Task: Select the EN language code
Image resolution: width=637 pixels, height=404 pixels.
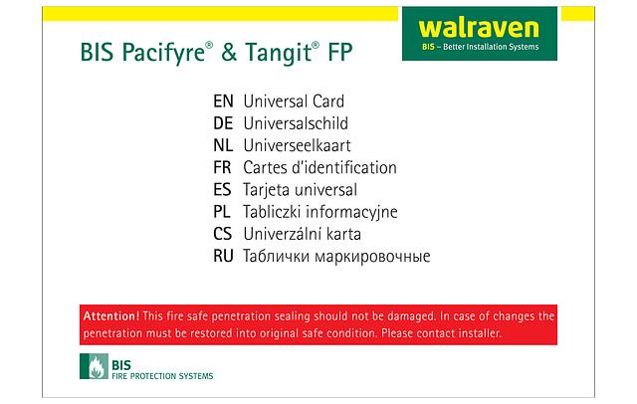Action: pyautogui.click(x=223, y=101)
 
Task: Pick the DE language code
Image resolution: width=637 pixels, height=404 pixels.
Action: pyautogui.click(x=223, y=123)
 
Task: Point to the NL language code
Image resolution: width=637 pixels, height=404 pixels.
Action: pyautogui.click(x=223, y=145)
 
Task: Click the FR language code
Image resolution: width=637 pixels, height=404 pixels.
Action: pyautogui.click(x=223, y=167)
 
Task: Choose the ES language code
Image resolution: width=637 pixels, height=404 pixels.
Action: pyautogui.click(x=223, y=189)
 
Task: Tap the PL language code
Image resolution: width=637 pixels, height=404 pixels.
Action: pyautogui.click(x=223, y=211)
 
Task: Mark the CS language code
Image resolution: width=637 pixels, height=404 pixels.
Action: pyautogui.click(x=223, y=234)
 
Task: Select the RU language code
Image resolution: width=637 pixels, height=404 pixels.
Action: pyautogui.click(x=223, y=257)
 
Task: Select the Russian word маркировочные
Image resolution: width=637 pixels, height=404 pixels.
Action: pyautogui.click(x=367, y=257)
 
